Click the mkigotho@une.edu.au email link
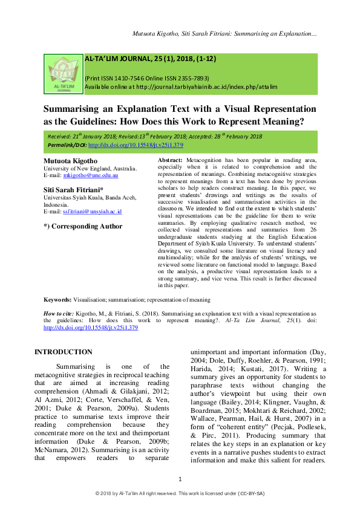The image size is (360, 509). [93, 175]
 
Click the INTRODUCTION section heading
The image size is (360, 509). [64, 352]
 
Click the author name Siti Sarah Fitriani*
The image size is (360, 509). [73, 190]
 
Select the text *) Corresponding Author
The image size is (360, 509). [83, 227]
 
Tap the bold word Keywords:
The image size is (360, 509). [58, 299]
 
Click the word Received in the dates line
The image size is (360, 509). [59, 137]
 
